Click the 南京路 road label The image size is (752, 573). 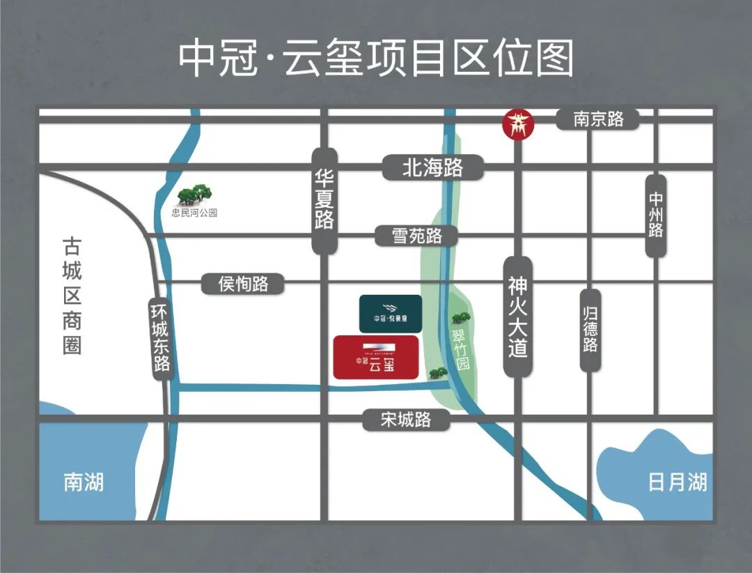pos(598,119)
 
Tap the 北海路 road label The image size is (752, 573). pos(432,168)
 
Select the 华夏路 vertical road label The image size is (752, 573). pos(324,201)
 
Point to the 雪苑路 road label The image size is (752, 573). pos(417,236)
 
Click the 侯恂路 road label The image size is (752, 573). pos(243,284)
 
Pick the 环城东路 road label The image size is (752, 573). pos(162,339)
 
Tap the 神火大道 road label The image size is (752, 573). pos(517,316)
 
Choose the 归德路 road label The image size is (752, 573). pos(590,330)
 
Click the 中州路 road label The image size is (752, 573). pos(655,215)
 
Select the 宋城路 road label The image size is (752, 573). pos(406,419)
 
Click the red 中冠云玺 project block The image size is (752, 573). pos(375,357)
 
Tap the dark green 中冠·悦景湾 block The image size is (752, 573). pos(389,313)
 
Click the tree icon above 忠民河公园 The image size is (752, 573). pos(194,194)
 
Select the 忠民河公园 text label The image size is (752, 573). pos(194,213)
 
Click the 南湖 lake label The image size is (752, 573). pos(84,482)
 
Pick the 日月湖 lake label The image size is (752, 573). pos(677,482)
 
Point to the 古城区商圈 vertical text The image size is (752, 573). pos(72,296)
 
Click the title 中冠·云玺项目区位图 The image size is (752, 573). pos(376,59)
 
